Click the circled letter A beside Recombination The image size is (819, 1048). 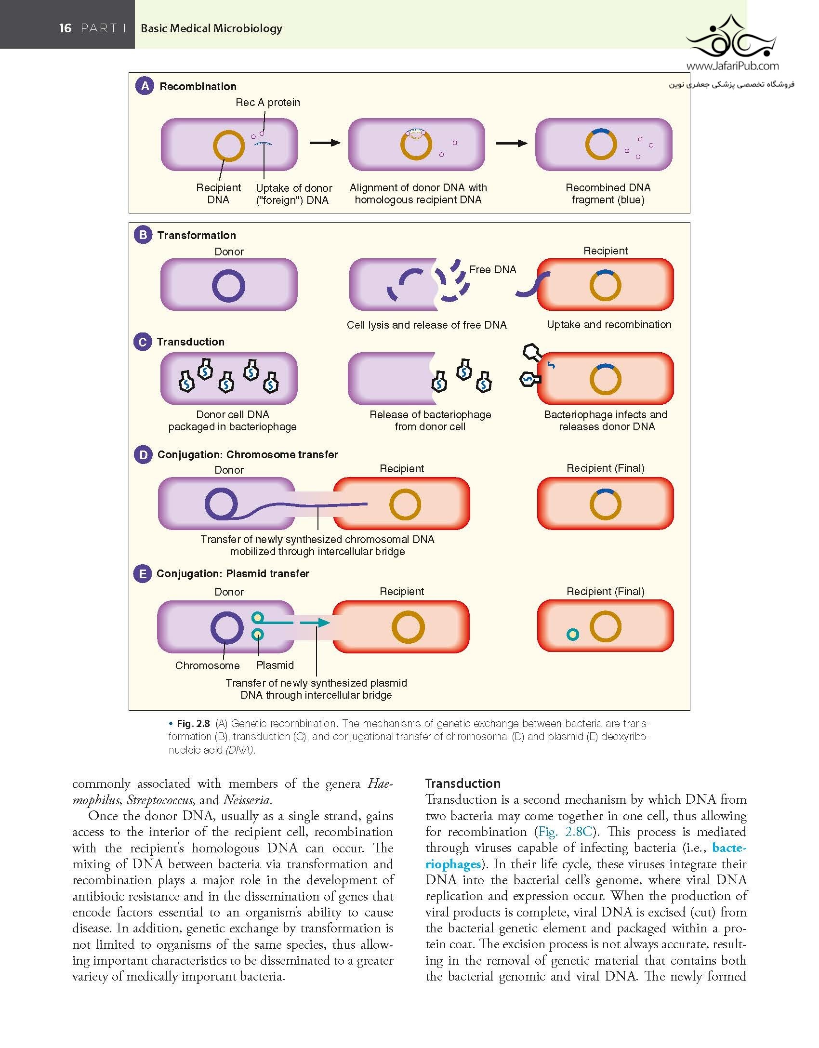145,86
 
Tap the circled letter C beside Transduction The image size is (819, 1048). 143,342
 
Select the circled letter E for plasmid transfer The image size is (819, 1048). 143,573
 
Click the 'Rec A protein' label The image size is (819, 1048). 268,102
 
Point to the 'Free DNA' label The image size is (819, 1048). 492,269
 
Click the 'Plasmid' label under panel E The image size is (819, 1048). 275,665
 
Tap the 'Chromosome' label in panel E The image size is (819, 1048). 208,665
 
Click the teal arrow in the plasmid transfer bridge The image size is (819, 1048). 315,623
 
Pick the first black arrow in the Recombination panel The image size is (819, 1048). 325,143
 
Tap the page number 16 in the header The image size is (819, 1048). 65,28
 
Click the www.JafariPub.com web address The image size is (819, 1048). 732,66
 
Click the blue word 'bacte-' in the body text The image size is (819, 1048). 729,848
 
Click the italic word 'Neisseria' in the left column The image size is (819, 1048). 246,800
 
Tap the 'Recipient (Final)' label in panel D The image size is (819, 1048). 605,468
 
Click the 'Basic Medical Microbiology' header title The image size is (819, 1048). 211,28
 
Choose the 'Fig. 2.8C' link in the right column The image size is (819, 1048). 565,832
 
